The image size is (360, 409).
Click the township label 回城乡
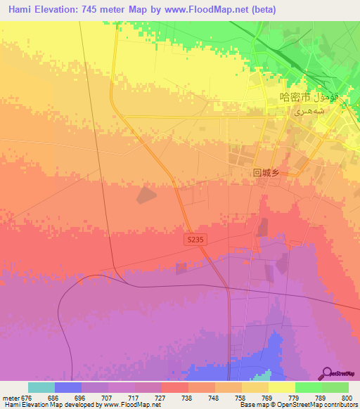point(266,171)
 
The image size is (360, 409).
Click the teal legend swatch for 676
point(41,387)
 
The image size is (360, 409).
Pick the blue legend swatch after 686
point(68,387)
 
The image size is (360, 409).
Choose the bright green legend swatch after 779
point(309,387)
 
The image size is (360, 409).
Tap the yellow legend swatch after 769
point(282,387)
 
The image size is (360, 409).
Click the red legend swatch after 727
point(175,387)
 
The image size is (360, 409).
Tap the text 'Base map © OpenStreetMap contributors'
point(298,405)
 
